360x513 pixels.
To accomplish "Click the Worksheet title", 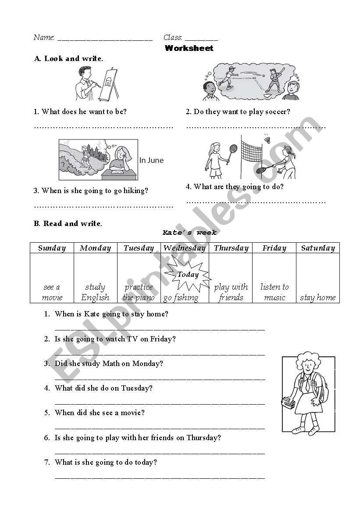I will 189,48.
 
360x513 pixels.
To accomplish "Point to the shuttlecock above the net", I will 267,140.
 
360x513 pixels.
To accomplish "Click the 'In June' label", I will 151,161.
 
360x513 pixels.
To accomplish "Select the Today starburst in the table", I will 188,275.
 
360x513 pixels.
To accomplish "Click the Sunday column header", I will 52,248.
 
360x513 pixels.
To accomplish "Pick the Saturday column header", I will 318,248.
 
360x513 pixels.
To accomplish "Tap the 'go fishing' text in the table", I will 181,298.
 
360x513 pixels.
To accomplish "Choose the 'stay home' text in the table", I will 318,298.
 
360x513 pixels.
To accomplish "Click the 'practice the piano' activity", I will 139,292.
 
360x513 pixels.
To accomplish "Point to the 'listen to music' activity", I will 274,292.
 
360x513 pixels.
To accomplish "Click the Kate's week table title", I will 189,233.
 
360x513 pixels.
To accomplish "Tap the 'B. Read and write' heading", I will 68,223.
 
